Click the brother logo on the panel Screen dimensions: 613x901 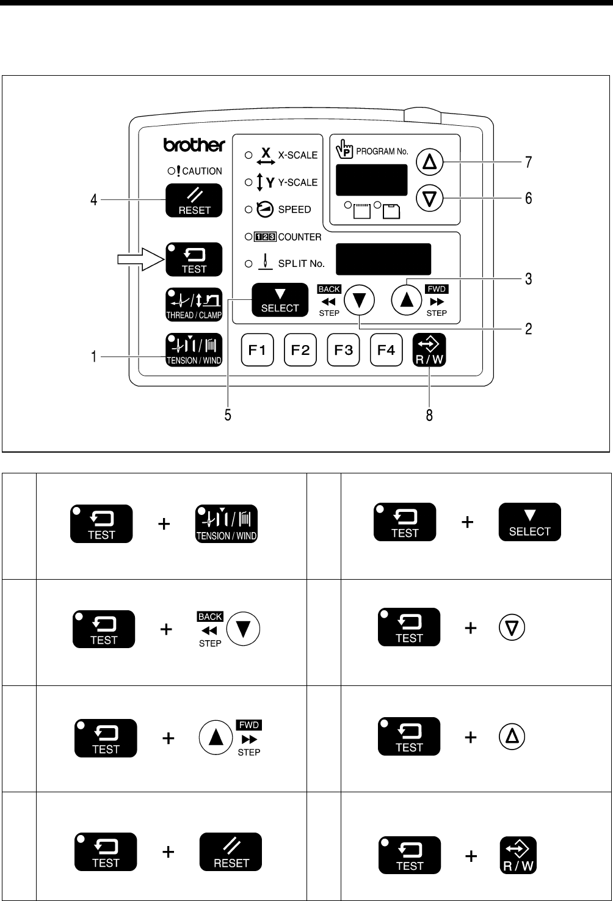click(194, 145)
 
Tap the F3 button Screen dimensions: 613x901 click(343, 350)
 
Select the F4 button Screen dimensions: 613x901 click(386, 350)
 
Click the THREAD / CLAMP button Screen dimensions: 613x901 click(194, 304)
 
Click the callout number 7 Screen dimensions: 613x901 click(529, 162)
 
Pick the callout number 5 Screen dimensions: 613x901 click(227, 415)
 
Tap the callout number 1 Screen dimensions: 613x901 click(94, 357)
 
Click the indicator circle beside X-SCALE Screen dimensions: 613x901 click(248, 155)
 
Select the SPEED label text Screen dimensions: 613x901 click(294, 210)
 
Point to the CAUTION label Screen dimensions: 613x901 click(202, 171)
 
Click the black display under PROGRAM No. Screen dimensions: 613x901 click(371, 180)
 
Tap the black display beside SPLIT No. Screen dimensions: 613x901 click(383, 259)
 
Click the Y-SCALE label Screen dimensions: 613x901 click(297, 182)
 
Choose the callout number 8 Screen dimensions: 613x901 click(429, 415)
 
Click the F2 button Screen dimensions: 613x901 click(300, 350)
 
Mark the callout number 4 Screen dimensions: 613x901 click(94, 199)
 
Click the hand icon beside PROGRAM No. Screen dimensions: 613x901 click(344, 149)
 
